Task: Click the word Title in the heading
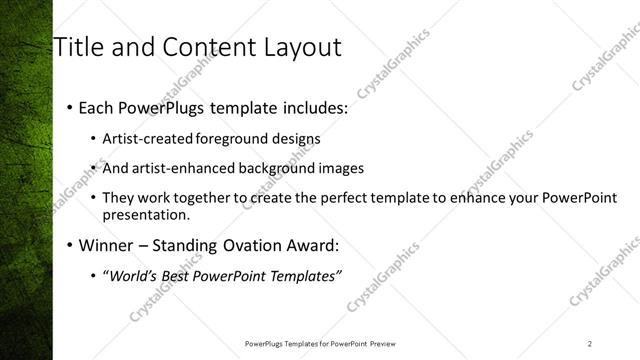[78, 47]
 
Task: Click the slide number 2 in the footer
[590, 344]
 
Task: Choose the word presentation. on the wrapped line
[145, 215]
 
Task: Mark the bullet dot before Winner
[68, 245]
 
